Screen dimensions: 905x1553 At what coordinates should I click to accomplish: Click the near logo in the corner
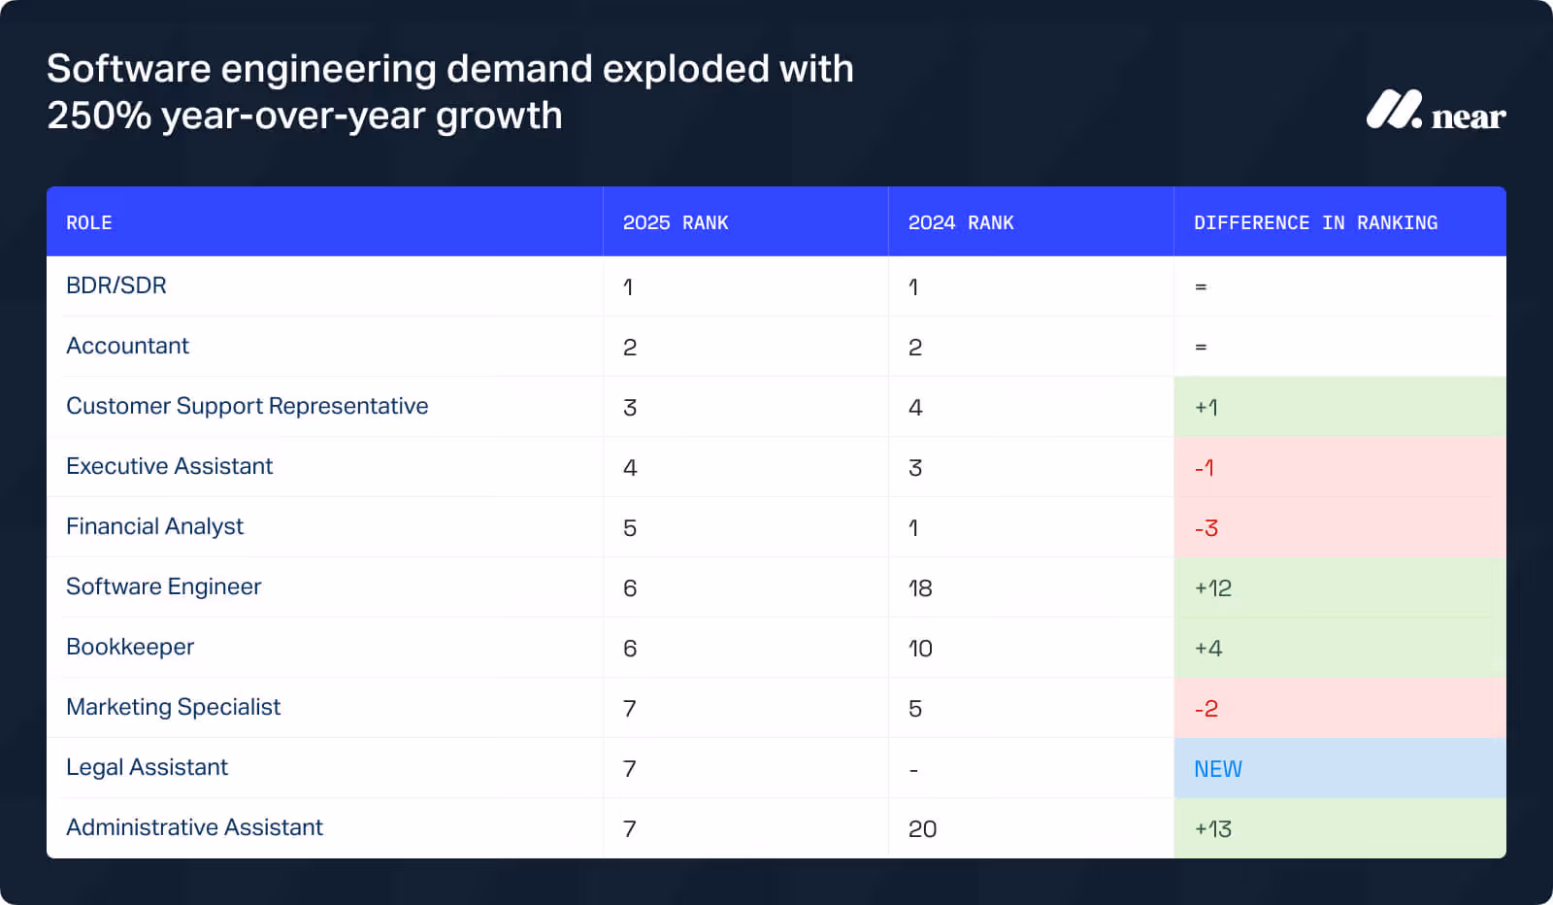point(1435,112)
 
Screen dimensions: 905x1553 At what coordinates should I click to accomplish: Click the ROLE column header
point(89,222)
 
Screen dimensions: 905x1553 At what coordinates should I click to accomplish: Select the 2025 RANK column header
point(676,222)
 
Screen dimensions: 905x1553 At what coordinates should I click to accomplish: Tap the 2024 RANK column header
point(961,222)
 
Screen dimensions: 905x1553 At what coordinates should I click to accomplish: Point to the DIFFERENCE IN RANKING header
point(1315,222)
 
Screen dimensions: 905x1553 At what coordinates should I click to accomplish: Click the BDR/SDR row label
point(116,285)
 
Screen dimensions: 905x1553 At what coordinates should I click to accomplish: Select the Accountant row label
point(127,346)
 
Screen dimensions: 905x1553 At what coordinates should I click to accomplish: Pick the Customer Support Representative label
point(247,406)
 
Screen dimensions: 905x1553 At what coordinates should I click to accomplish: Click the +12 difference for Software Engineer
point(1213,588)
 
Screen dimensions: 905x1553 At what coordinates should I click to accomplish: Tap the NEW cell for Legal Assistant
point(1218,769)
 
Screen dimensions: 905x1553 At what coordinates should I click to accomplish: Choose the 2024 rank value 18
point(920,588)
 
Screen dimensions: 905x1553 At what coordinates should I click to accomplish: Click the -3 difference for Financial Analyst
point(1206,528)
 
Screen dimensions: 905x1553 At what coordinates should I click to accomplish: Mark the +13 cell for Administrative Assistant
point(1213,829)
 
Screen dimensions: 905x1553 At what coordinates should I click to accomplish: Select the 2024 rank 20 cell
point(922,829)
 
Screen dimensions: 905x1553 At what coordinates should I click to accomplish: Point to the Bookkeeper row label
point(130,647)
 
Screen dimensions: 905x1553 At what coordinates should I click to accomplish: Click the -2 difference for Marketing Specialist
point(1206,709)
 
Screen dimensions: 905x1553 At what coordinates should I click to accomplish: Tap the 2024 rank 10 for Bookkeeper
point(920,649)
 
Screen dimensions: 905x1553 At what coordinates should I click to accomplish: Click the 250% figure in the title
point(99,116)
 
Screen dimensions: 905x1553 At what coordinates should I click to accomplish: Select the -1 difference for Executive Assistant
point(1205,468)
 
